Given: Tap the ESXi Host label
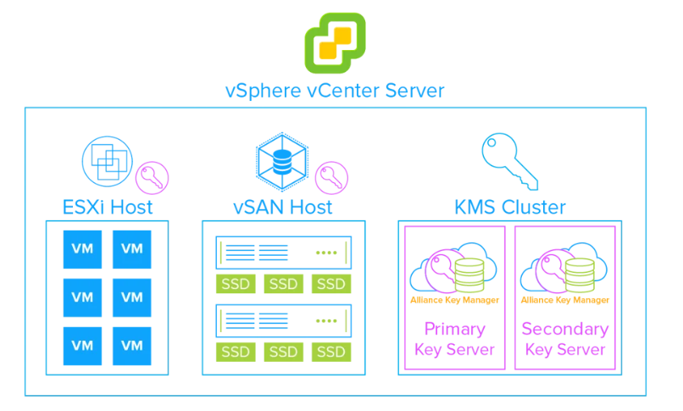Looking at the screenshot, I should tap(108, 206).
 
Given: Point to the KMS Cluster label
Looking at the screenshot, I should tap(511, 206).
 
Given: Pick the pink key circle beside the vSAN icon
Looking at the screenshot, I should tap(331, 178).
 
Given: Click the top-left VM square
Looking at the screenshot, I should tap(82, 249).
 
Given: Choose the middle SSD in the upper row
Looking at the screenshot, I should tap(285, 283).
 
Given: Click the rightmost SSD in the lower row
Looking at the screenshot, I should tap(330, 351).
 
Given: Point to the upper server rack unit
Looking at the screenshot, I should tap(285, 253).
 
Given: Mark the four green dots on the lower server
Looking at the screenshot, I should tap(325, 321).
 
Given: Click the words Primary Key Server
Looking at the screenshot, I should tap(454, 338).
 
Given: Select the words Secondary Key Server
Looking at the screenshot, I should tap(564, 338).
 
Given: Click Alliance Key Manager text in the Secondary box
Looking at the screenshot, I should tap(564, 300).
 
